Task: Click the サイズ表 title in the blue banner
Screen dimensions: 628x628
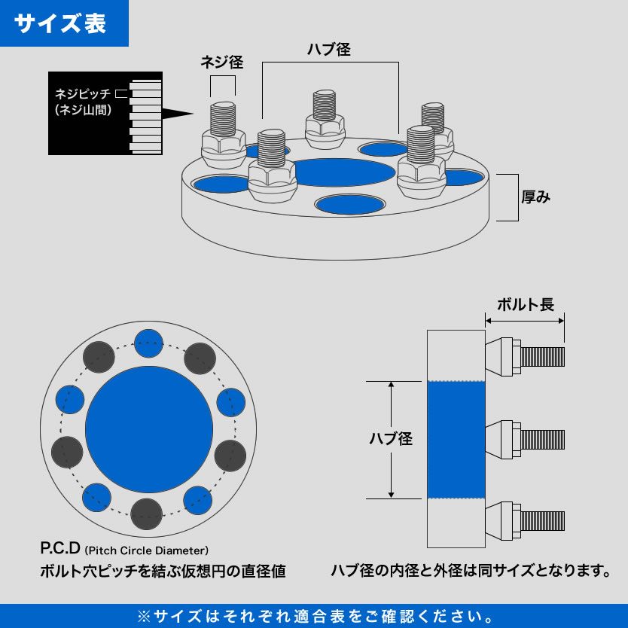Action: [61, 23]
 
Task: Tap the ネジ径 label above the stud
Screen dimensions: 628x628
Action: [221, 62]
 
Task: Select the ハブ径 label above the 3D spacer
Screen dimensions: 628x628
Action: [329, 50]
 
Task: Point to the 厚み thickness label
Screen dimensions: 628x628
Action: [536, 197]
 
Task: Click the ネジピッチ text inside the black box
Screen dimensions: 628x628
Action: [82, 94]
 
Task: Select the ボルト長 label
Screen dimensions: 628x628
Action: [526, 304]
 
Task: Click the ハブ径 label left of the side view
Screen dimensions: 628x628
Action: [390, 438]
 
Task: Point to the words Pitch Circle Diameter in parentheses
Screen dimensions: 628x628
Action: [147, 550]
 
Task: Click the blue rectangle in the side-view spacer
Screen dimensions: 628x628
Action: [456, 440]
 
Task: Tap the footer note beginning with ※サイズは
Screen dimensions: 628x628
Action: [314, 616]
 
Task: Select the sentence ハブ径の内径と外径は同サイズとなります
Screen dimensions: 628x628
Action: [471, 570]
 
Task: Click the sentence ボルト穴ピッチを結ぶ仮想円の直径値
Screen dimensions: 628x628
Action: [163, 571]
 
